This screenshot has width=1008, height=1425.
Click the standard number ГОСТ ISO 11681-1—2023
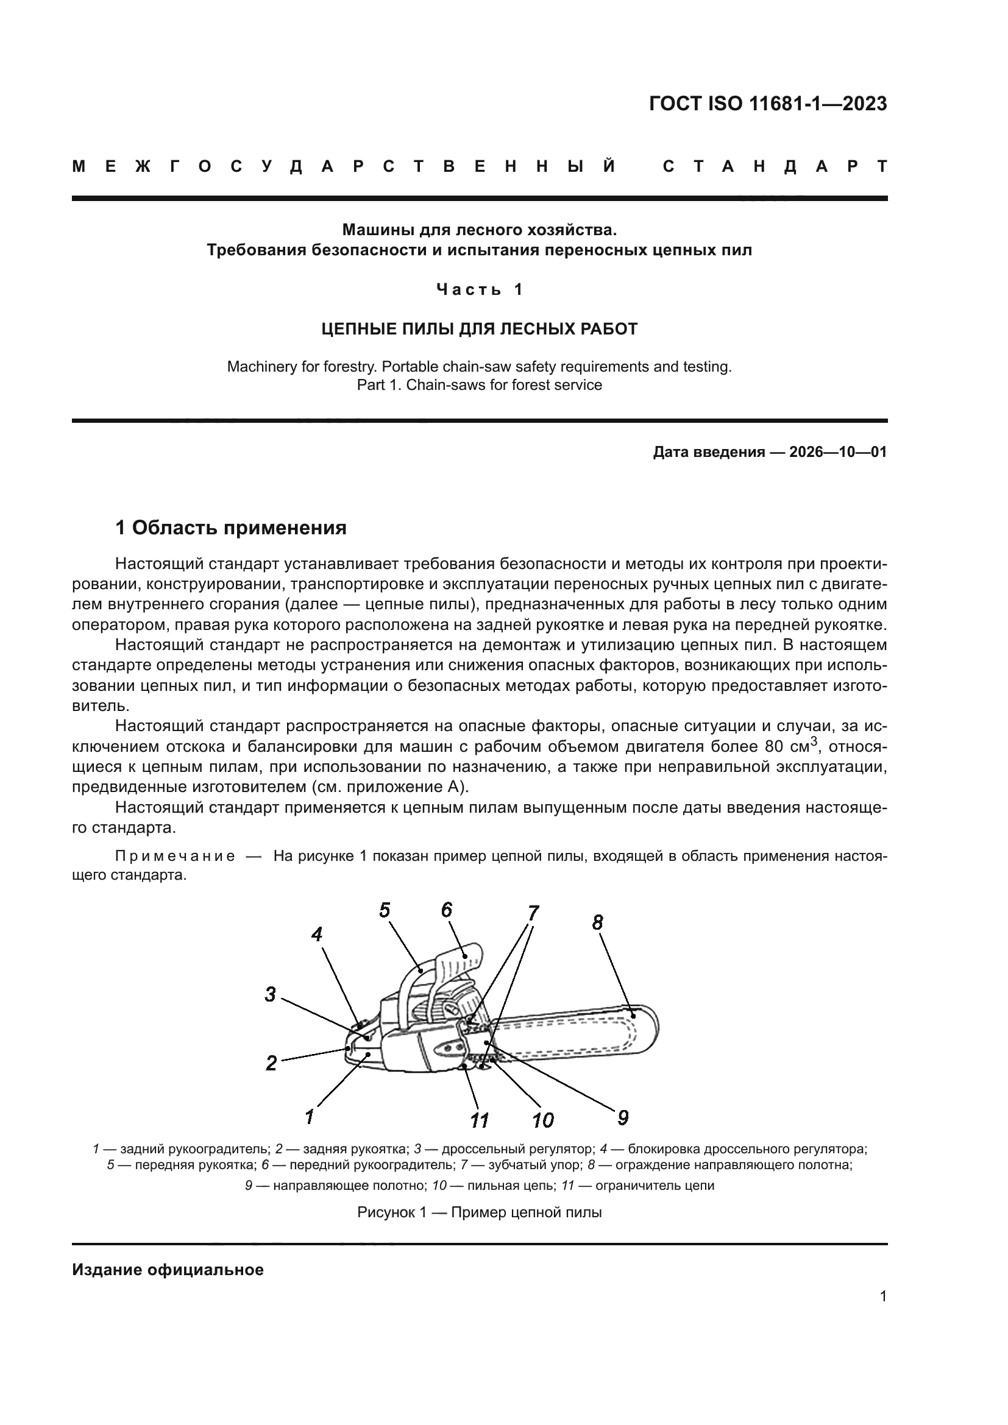coord(767,104)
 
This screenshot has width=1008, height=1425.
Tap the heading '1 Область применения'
coord(231,528)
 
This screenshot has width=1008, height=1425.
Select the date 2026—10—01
coord(837,452)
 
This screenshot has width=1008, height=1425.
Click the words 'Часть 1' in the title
coord(479,289)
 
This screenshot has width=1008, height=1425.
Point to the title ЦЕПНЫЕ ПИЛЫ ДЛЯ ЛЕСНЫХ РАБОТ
coord(479,329)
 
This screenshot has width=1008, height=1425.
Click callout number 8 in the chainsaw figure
coord(597,923)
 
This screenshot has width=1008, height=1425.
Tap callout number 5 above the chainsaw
coord(385,910)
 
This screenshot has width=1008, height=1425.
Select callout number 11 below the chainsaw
coord(479,1120)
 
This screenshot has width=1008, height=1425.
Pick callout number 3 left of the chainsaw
coord(270,994)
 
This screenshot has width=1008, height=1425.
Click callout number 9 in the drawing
coord(623,1118)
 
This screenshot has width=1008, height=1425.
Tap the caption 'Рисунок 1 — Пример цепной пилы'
coord(479,1212)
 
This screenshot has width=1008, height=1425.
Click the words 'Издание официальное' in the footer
coord(168,1270)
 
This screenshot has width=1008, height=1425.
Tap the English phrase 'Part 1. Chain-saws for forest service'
coord(479,385)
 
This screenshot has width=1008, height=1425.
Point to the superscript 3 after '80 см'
coord(815,740)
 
